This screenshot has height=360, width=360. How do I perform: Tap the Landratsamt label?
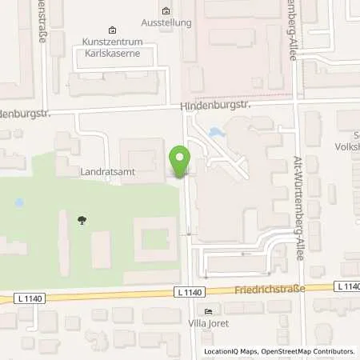click(106, 171)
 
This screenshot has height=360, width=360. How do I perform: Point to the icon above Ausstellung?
click(166, 11)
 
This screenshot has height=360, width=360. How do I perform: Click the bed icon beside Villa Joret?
click(209, 312)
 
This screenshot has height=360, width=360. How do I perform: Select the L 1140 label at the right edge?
click(348, 286)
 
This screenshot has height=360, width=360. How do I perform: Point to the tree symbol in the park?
click(82, 219)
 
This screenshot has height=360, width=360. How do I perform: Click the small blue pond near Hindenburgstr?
click(214, 133)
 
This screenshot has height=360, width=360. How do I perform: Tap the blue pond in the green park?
click(18, 203)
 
